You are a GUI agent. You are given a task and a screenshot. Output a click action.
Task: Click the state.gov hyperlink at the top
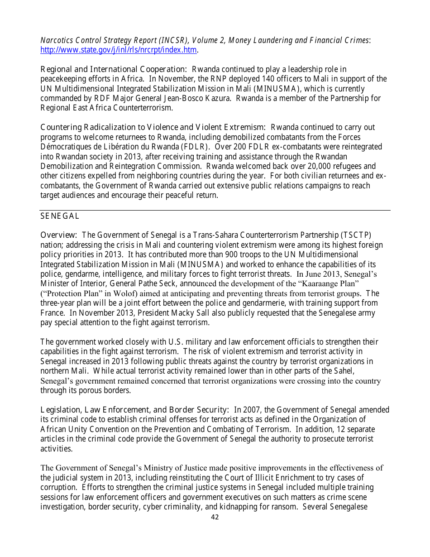[119, 50]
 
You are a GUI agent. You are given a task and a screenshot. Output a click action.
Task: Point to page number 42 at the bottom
[215, 517]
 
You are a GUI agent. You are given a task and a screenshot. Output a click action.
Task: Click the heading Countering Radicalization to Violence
[153, 128]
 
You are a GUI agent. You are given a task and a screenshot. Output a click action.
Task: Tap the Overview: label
[59, 235]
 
